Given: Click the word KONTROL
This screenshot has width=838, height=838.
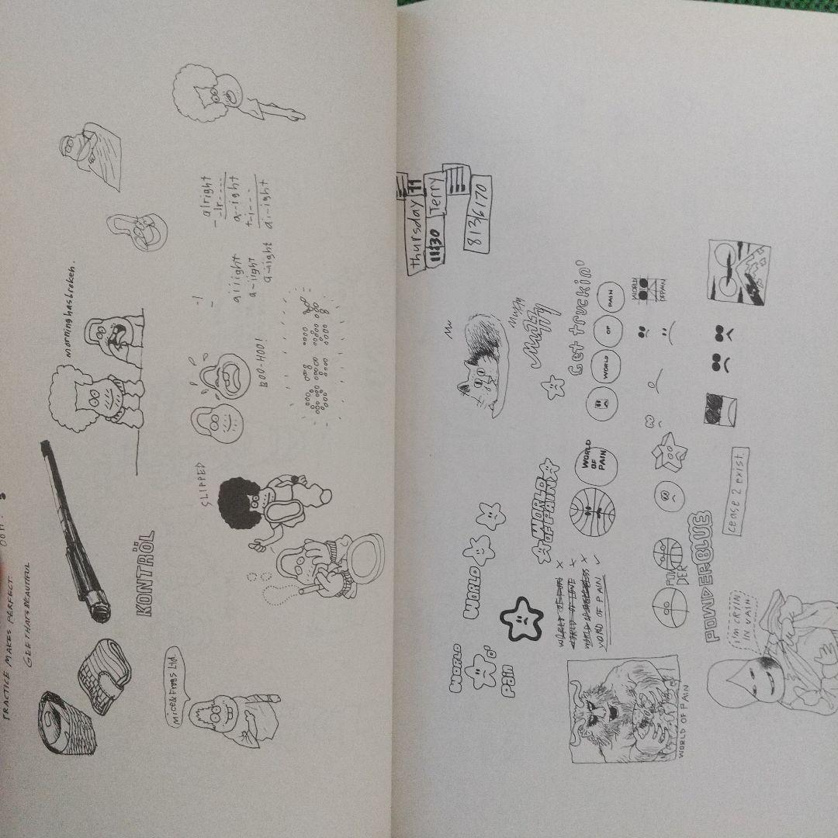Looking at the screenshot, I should [145, 573].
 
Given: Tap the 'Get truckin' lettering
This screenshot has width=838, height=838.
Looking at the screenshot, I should [587, 319].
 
